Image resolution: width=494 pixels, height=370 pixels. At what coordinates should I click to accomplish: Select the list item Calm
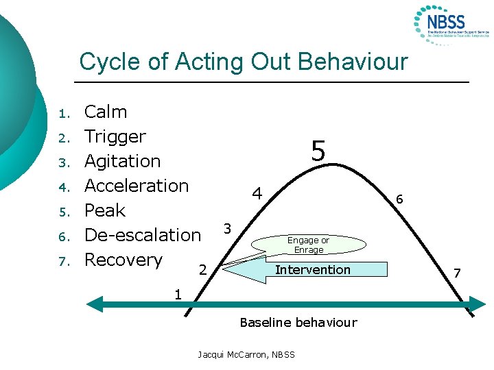coord(105,112)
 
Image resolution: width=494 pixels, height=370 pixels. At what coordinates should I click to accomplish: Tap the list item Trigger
coord(115,136)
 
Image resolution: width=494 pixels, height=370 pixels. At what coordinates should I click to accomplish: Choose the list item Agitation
coord(122,161)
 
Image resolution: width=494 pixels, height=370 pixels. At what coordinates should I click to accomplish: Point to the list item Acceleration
coord(136,186)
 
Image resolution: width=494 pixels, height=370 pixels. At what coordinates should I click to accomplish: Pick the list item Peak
coord(104,210)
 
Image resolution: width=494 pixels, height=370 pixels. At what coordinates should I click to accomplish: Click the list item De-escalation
coord(142,235)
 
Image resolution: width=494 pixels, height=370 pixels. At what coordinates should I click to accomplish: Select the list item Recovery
coord(123,260)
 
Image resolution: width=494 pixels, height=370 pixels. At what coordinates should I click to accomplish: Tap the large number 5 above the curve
coord(318,151)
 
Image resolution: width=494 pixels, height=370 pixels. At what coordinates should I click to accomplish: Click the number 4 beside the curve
coord(257,194)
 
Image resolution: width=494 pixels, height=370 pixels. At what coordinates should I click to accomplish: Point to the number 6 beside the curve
coord(399,199)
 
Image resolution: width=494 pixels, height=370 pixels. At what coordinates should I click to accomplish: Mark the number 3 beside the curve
coord(227,227)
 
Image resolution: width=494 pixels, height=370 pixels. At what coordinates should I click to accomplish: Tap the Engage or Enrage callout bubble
coord(308,245)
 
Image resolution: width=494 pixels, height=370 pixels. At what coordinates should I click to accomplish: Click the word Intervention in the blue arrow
coord(312,270)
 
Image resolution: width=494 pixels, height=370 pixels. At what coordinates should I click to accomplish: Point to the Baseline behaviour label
coord(298,322)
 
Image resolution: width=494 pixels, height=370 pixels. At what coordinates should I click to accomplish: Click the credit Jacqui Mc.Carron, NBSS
coord(246,354)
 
